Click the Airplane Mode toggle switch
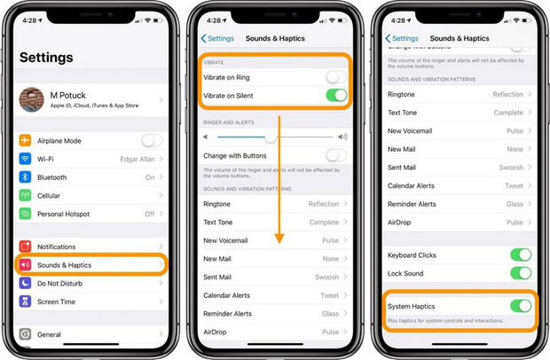pyautogui.click(x=152, y=140)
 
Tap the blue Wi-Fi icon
pyautogui.click(x=25, y=158)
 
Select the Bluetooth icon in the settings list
pyautogui.click(x=25, y=176)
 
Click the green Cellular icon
pyautogui.click(x=25, y=195)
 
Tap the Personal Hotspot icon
pyautogui.click(x=25, y=214)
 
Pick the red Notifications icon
pyautogui.click(x=25, y=247)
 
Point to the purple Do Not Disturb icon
pyautogui.click(x=25, y=283)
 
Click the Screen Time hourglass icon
pyautogui.click(x=25, y=301)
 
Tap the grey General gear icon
pyautogui.click(x=25, y=334)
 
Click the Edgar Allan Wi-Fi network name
pyautogui.click(x=137, y=159)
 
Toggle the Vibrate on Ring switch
pyautogui.click(x=335, y=78)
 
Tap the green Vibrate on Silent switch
pyautogui.click(x=335, y=96)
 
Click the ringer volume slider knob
pyautogui.click(x=271, y=137)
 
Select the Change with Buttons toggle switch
pyautogui.click(x=335, y=156)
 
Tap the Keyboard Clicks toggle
pyautogui.click(x=520, y=255)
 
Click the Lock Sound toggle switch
pyautogui.click(x=520, y=273)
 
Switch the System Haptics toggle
pyautogui.click(x=520, y=306)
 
